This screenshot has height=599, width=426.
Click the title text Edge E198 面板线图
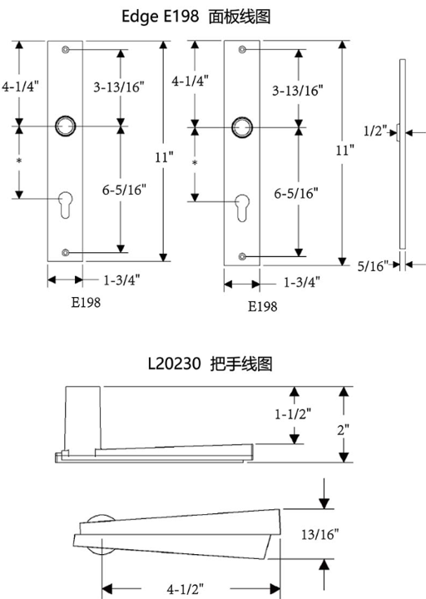coord(196,17)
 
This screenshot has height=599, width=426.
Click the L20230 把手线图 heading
coord(211,364)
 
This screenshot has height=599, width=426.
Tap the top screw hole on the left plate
coord(66,50)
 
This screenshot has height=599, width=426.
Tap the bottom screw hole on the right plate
coord(242,256)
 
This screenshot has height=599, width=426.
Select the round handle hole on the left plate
coord(66,126)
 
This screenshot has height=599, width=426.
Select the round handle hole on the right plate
coord(242,127)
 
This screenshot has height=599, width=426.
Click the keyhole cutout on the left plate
coord(66,205)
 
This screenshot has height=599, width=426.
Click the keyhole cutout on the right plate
coord(242,208)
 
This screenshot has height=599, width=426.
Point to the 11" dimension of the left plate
coord(164,157)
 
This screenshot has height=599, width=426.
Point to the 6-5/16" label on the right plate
coord(295,193)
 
